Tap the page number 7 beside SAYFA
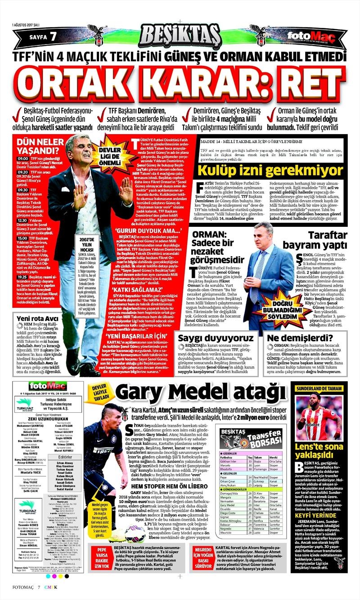coord(53,36)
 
